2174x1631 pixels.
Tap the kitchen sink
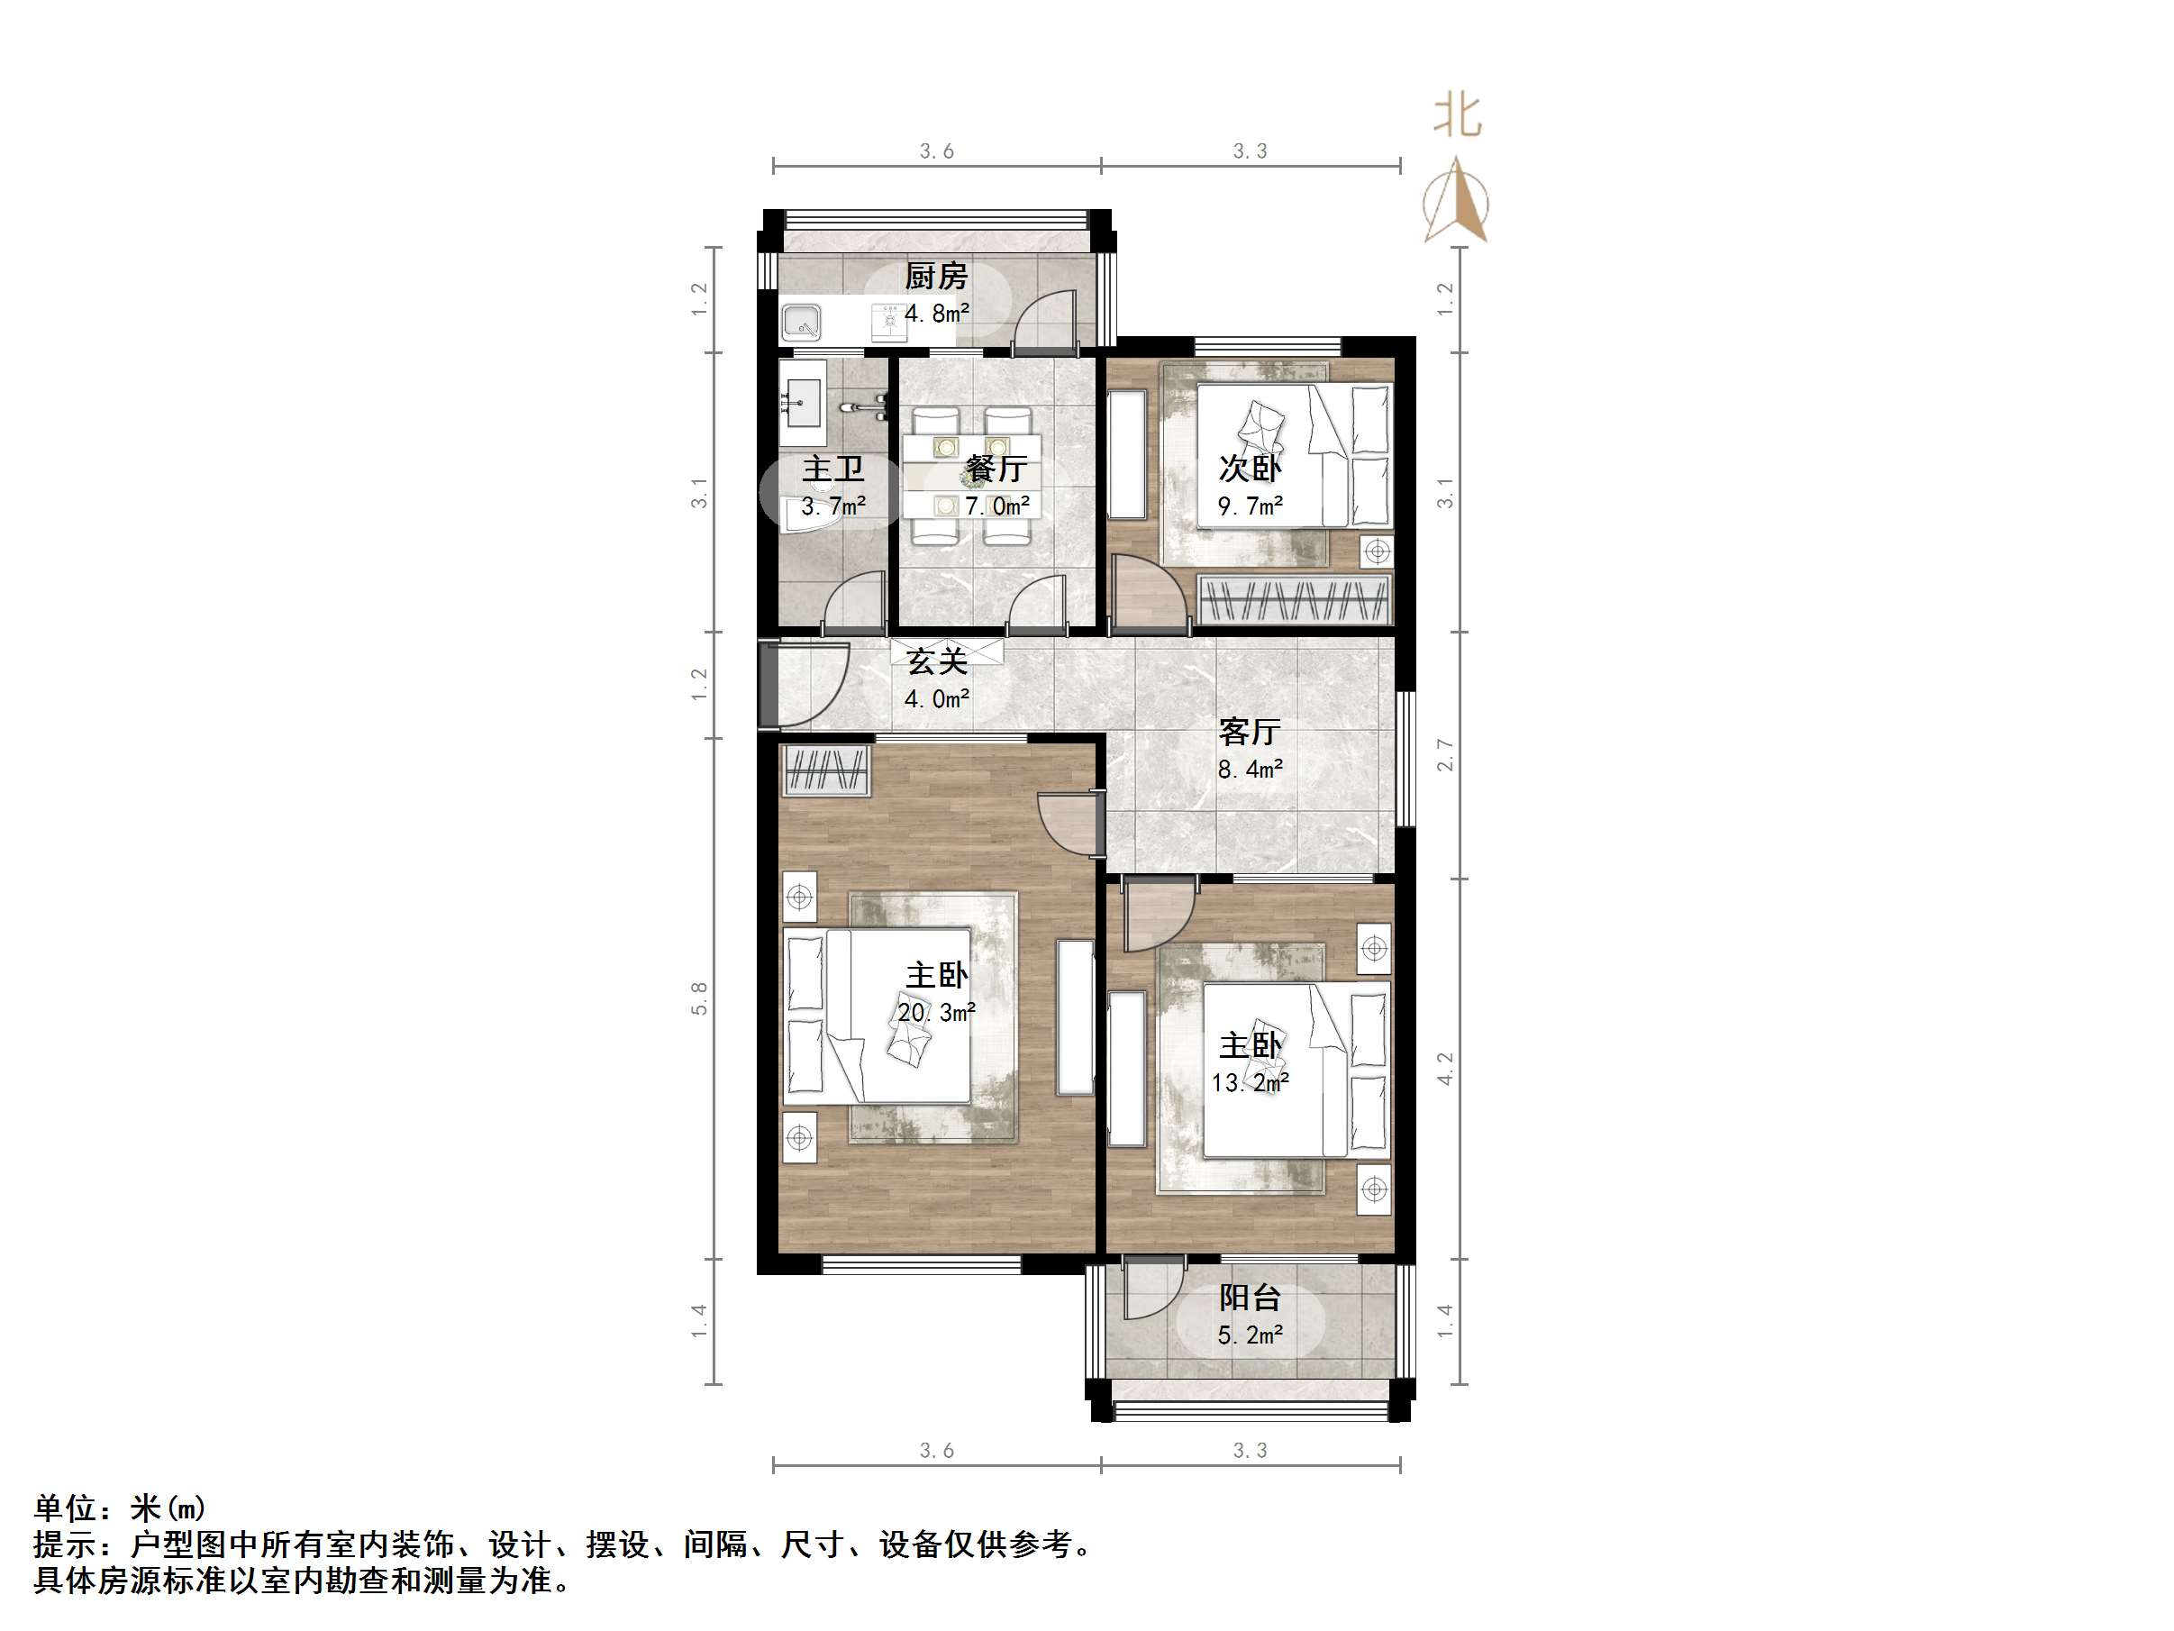click(802, 323)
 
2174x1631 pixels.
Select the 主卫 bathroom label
click(832, 469)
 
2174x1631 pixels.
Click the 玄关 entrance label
click(936, 661)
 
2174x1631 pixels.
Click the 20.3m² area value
click(936, 1012)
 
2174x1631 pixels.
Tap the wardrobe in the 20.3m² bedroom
click(825, 770)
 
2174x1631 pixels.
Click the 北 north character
click(1457, 116)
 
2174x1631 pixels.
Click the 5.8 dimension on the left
click(699, 998)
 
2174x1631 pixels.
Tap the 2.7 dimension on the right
click(1443, 755)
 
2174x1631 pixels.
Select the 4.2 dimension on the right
click(1443, 1069)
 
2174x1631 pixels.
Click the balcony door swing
click(1150, 1289)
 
